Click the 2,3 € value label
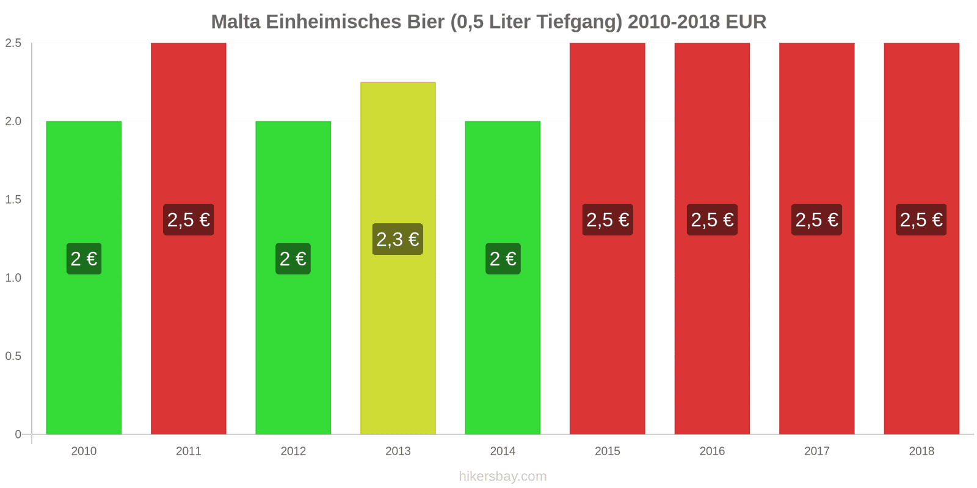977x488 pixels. coord(398,239)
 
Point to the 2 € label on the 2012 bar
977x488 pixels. coord(293,259)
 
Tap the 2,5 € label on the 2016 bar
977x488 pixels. coord(712,220)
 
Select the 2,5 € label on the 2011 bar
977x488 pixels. coord(189,220)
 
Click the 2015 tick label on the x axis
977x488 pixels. coord(607,451)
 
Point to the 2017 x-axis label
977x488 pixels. coord(816,451)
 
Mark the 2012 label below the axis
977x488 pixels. coord(293,451)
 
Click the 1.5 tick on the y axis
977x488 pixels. coord(13,199)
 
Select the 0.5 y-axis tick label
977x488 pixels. coord(13,356)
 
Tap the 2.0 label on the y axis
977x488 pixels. coord(13,121)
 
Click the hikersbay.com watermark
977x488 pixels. coord(503,476)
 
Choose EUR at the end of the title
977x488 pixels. coord(746,22)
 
